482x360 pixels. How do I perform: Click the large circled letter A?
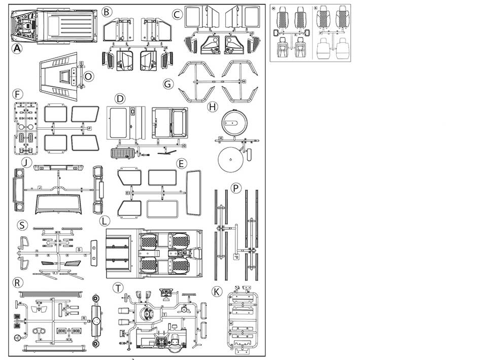click(17, 49)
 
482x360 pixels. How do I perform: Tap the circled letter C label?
click(177, 14)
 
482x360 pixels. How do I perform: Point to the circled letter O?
click(88, 76)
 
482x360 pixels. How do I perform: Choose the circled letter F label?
click(18, 94)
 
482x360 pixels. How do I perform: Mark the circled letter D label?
click(120, 98)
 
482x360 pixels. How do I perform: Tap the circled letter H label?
click(213, 106)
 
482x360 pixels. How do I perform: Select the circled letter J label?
click(26, 163)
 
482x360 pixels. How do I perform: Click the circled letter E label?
click(181, 163)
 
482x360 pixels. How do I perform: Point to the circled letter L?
click(104, 221)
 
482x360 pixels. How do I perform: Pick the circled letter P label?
click(235, 188)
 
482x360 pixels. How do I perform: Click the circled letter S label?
click(21, 225)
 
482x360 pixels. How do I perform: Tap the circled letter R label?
click(18, 282)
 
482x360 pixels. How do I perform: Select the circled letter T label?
click(118, 287)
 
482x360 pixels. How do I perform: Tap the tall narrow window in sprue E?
click(194, 192)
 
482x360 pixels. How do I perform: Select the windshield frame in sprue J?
click(59, 203)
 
